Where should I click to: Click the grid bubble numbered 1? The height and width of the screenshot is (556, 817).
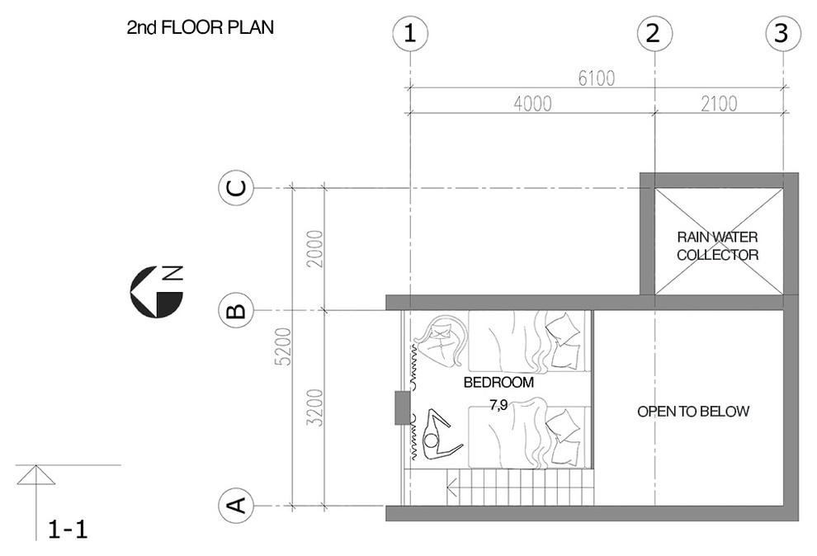click(x=411, y=34)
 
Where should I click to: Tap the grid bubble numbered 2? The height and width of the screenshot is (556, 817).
click(x=654, y=34)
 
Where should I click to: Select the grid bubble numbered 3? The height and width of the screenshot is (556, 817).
click(x=782, y=34)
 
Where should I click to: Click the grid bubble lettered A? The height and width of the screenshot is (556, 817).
click(x=235, y=505)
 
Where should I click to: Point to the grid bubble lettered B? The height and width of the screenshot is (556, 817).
click(x=235, y=311)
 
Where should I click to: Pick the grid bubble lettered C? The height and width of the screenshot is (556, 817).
click(x=235, y=188)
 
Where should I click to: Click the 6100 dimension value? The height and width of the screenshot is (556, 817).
click(x=597, y=78)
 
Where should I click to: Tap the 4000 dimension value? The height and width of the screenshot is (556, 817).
click(x=532, y=104)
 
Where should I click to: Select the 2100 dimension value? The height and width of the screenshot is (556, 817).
click(x=719, y=104)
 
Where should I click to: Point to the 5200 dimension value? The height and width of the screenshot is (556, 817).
click(x=283, y=346)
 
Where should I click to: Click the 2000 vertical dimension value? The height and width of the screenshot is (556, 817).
click(x=316, y=249)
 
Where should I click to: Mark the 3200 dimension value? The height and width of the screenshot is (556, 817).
click(x=316, y=408)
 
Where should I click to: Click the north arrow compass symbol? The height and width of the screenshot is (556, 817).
click(x=156, y=291)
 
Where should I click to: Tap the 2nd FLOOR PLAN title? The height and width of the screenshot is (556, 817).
click(x=200, y=27)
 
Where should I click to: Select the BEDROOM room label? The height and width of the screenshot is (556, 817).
click(x=498, y=383)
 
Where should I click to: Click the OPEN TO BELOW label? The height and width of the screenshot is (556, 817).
click(x=693, y=412)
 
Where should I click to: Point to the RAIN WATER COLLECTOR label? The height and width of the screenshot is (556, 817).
click(x=717, y=246)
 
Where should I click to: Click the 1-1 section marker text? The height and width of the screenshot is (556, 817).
click(x=68, y=530)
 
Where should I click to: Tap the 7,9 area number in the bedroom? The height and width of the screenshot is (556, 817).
click(x=498, y=405)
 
